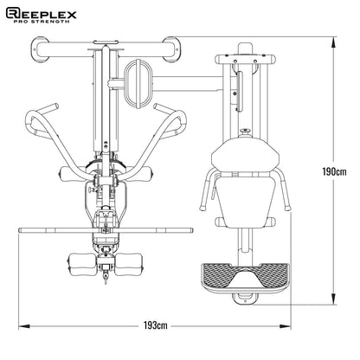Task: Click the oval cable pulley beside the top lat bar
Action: coord(137,76)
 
